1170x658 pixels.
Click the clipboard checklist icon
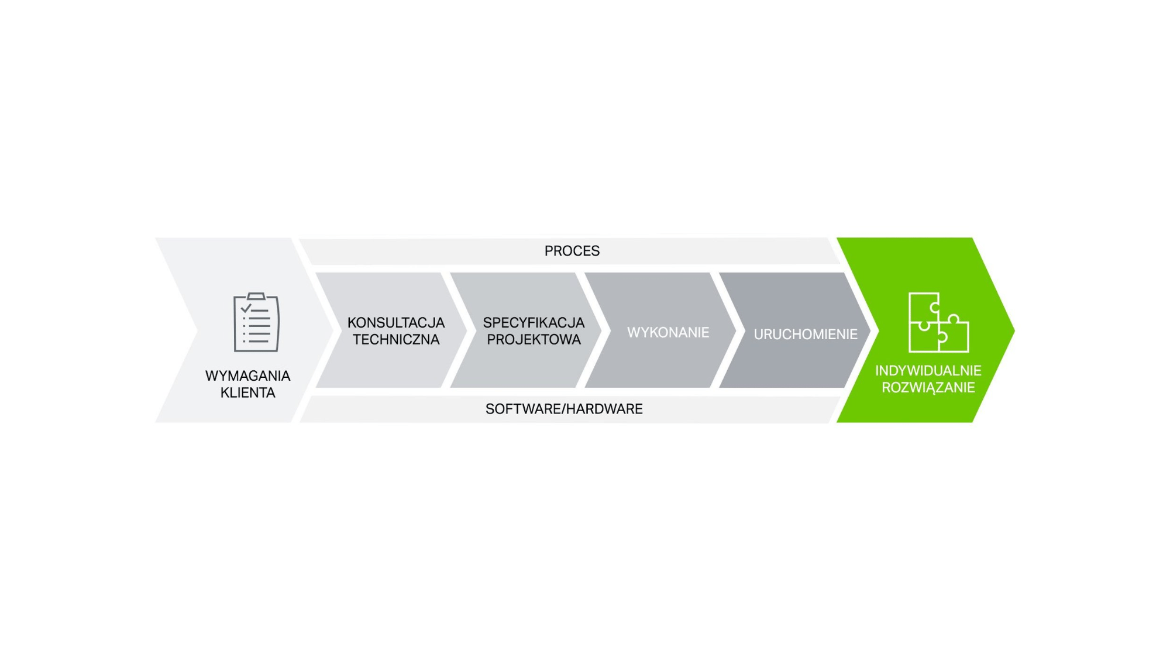[256, 322]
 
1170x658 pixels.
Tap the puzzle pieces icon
[938, 322]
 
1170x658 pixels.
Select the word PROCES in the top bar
[572, 251]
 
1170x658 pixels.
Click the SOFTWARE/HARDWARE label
[564, 409]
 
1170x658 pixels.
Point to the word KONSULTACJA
[396, 323]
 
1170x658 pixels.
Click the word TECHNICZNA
[396, 340]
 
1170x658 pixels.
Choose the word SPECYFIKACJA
[534, 323]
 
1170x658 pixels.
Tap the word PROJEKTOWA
[534, 340]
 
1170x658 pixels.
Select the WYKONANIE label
[668, 333]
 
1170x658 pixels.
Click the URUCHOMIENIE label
[806, 335]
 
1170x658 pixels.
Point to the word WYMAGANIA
[247, 376]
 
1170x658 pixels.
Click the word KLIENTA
[247, 393]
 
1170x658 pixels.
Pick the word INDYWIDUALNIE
[928, 371]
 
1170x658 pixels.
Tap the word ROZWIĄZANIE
[928, 388]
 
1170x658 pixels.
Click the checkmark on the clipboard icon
[246, 308]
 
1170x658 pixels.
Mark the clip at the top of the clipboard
[256, 296]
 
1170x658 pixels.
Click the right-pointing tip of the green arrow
[1014, 330]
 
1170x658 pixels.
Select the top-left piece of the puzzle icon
[923, 306]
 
